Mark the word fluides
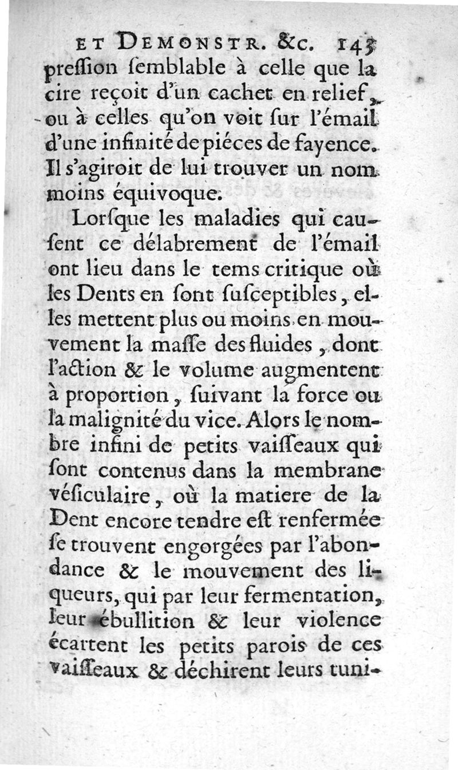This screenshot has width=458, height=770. coord(287,347)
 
